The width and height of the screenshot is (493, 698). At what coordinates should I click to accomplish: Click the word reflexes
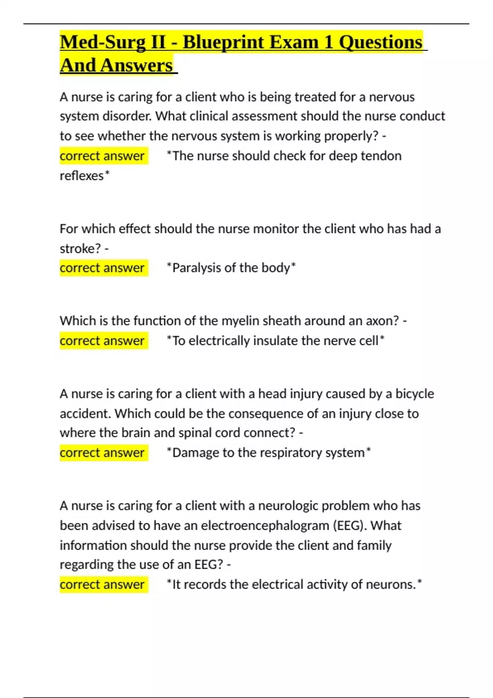click(x=82, y=176)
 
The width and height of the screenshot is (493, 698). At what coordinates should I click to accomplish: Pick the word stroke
click(x=80, y=248)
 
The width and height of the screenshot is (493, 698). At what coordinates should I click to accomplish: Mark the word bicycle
click(x=415, y=394)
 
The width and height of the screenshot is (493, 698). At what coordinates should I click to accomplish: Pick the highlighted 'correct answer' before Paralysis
click(x=102, y=268)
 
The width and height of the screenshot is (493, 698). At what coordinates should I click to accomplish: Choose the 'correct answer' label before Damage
click(x=102, y=452)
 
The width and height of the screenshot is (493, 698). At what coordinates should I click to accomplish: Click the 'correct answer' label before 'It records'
click(x=102, y=584)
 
